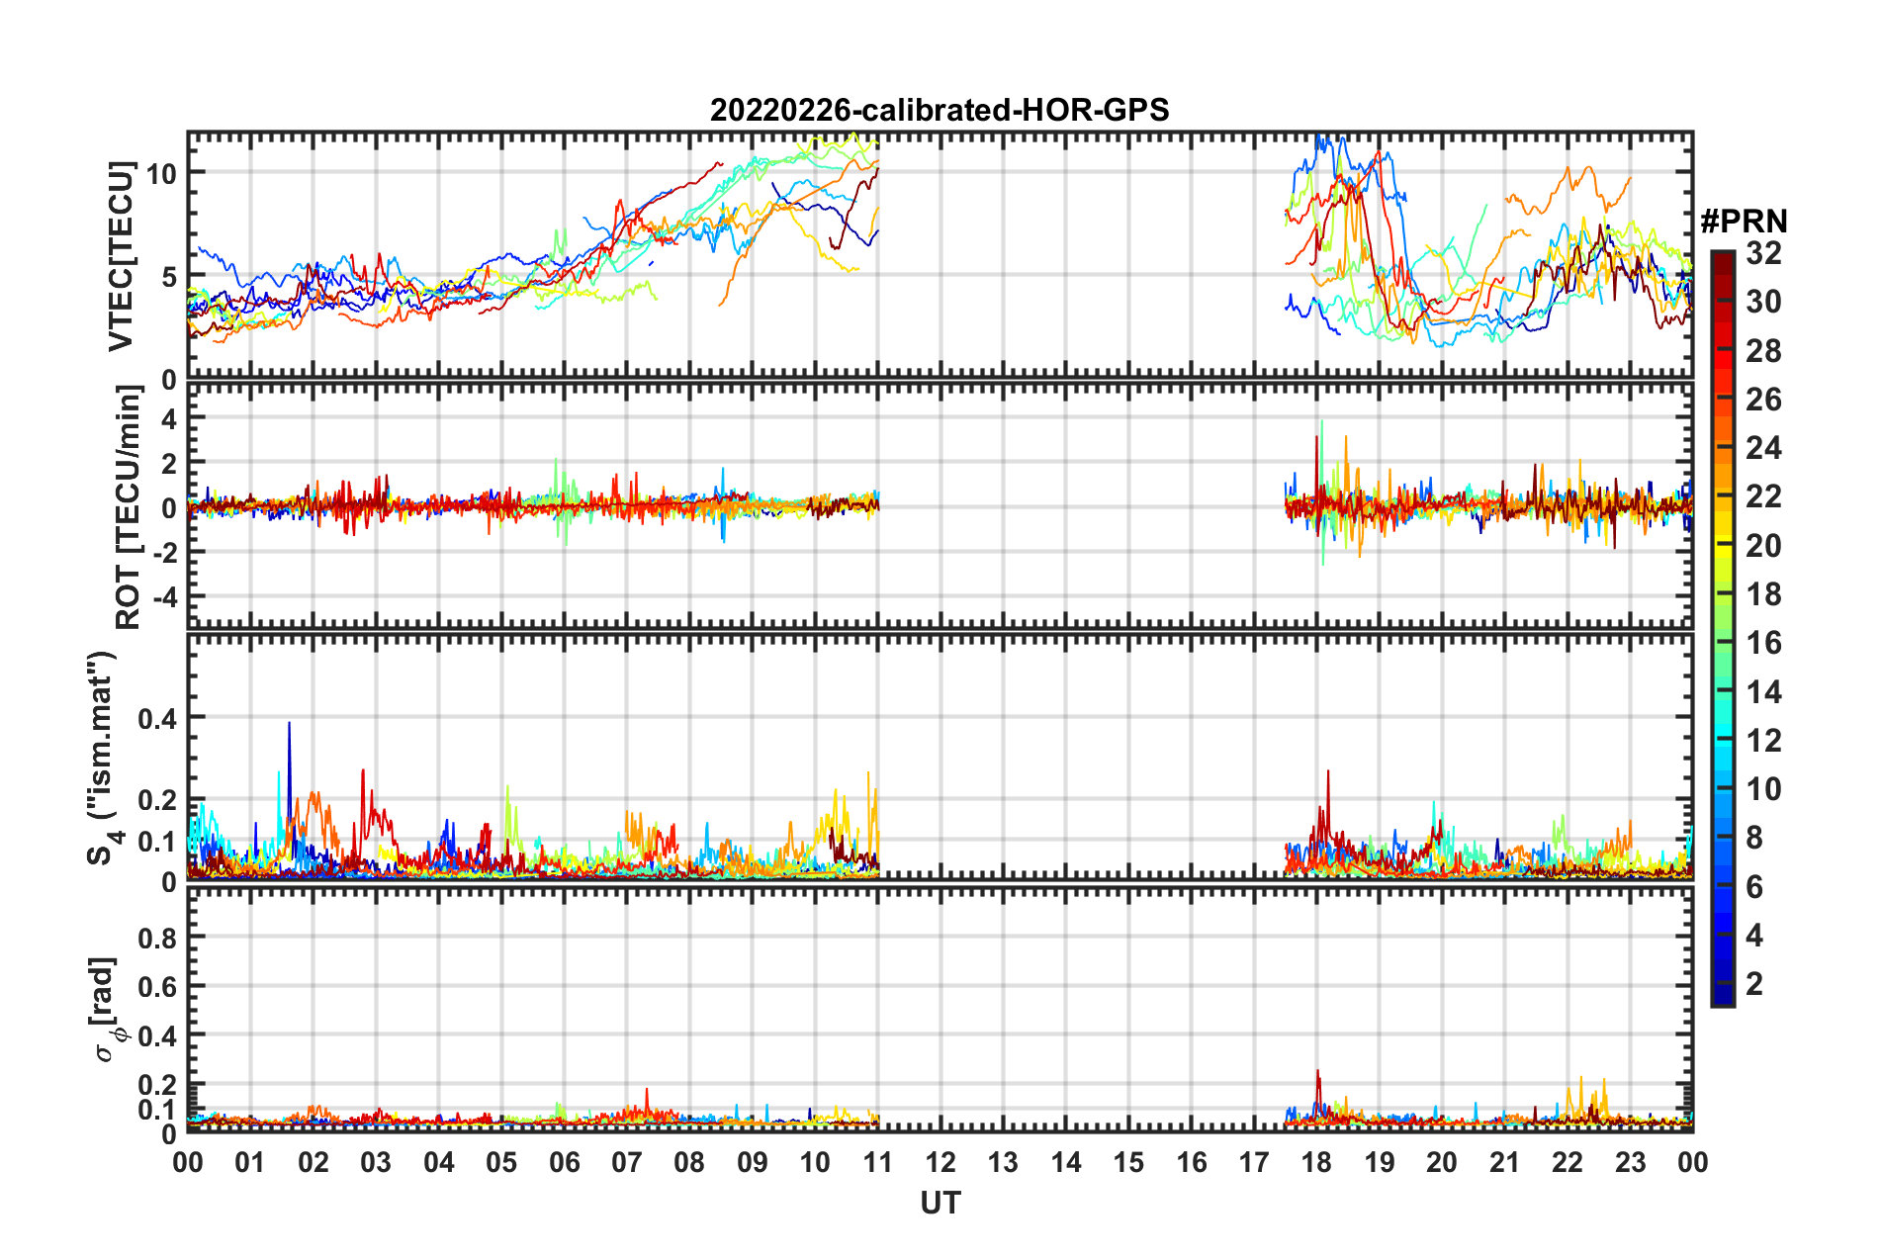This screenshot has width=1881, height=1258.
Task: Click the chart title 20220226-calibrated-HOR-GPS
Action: click(940, 110)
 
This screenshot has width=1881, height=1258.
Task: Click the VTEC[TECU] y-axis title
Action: click(121, 256)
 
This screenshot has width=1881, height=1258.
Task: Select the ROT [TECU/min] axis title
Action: click(128, 507)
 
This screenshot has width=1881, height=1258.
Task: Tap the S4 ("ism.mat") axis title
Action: click(103, 758)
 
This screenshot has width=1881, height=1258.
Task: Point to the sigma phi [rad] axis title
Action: click(106, 1009)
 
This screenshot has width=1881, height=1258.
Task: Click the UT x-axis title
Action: click(940, 1203)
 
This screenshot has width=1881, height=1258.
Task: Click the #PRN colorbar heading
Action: click(1744, 222)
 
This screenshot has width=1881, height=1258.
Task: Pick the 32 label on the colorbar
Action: click(1763, 254)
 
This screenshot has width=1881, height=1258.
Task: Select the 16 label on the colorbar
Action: click(1763, 644)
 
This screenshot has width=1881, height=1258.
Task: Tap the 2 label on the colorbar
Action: click(1754, 984)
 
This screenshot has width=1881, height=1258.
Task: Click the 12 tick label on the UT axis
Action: click(940, 1162)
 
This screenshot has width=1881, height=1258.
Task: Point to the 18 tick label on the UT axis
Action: click(1316, 1162)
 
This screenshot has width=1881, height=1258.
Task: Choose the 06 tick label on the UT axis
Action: click(564, 1162)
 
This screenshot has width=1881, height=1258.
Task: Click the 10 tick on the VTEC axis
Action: click(162, 174)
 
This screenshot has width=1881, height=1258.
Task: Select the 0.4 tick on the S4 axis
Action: click(157, 719)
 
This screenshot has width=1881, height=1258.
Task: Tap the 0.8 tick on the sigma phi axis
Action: click(157, 938)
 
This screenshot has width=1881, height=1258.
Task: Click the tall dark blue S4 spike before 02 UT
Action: click(289, 727)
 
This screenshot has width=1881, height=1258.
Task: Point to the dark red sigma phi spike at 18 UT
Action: click(1317, 1074)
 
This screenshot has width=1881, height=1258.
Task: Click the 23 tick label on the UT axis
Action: click(1630, 1162)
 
